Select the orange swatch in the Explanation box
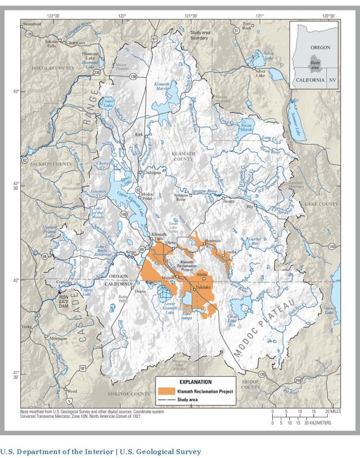[x=167, y=391]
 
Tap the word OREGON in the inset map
[x=321, y=47]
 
